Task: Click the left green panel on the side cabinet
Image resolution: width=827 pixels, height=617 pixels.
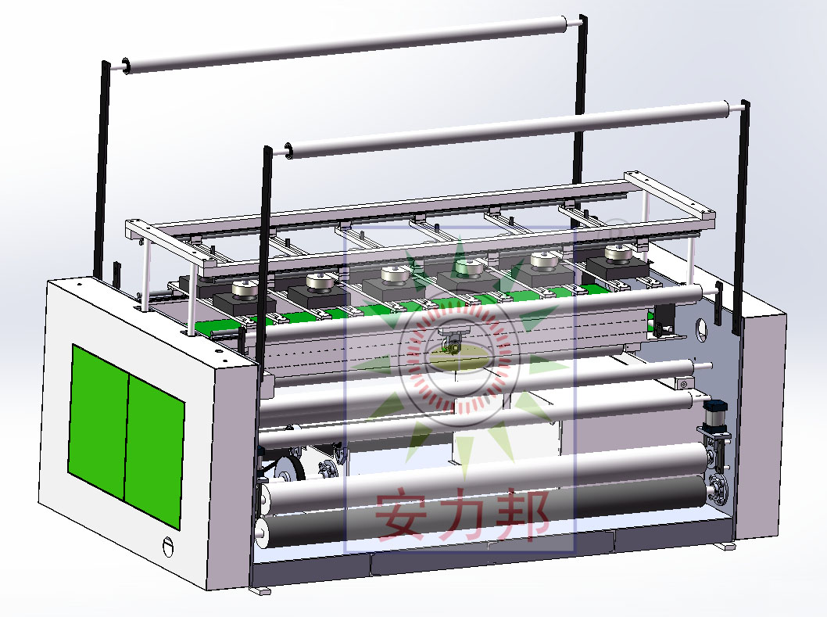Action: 98,422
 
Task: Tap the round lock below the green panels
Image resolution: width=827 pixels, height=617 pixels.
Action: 168,547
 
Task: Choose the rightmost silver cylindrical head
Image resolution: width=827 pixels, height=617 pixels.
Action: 618,253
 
